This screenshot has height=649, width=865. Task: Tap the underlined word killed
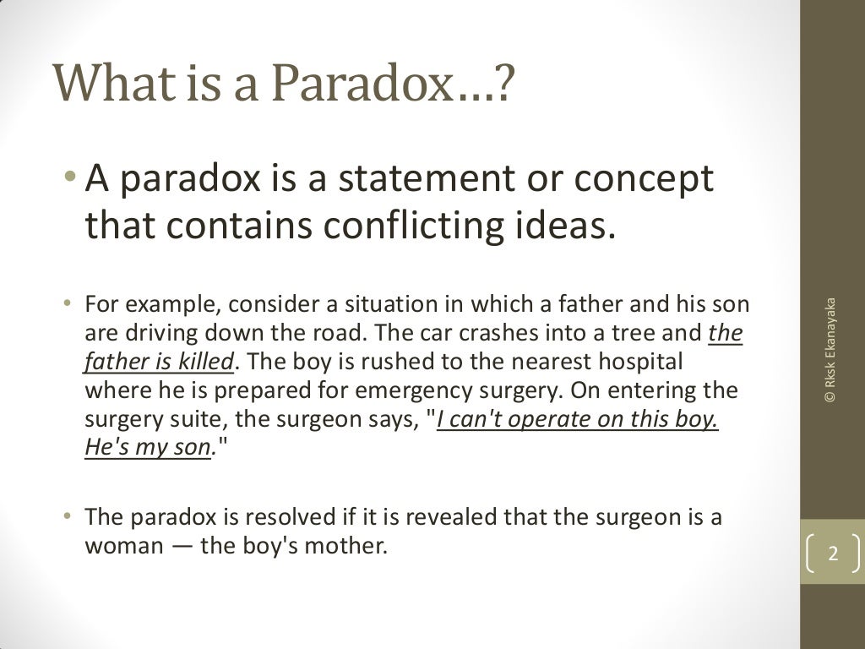pos(204,363)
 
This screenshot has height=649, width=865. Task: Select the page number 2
pos(833,555)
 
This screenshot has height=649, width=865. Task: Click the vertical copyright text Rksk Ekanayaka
pos(831,348)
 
